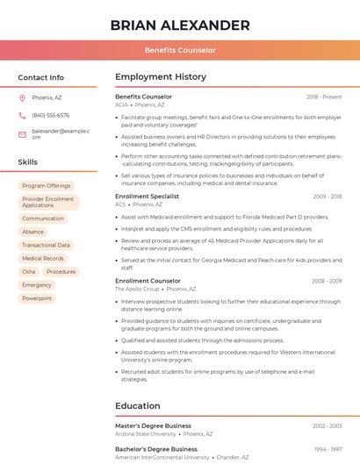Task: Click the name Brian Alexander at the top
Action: click(x=180, y=25)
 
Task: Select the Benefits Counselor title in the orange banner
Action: click(x=180, y=51)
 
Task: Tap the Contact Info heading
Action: click(x=41, y=77)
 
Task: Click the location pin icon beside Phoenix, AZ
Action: click(x=22, y=98)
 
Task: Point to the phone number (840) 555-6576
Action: click(x=50, y=116)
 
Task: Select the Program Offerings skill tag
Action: click(x=46, y=186)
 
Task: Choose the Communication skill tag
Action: click(x=43, y=218)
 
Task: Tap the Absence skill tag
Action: click(x=32, y=232)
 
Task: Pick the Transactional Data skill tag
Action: click(x=46, y=245)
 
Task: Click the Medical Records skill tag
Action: click(x=43, y=259)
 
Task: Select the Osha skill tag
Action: click(x=29, y=272)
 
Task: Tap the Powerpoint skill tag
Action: click(x=37, y=298)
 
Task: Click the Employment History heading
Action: click(x=161, y=77)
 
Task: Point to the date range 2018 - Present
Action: click(x=324, y=97)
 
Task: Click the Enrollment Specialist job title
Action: click(x=147, y=197)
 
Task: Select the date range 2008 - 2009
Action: click(x=325, y=281)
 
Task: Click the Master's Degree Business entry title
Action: click(x=153, y=426)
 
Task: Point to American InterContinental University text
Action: click(x=162, y=457)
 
